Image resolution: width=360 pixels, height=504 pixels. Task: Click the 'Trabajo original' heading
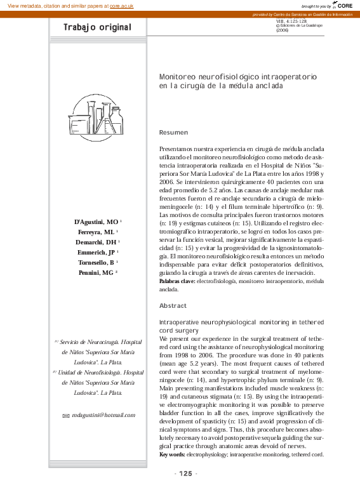coord(97,27)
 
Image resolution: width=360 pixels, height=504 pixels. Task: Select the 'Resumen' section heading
coord(173,132)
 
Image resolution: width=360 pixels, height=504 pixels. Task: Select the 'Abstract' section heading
coord(173,306)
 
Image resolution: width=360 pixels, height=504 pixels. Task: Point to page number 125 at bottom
coord(185,474)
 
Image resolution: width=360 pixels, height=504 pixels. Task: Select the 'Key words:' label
coord(172,454)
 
